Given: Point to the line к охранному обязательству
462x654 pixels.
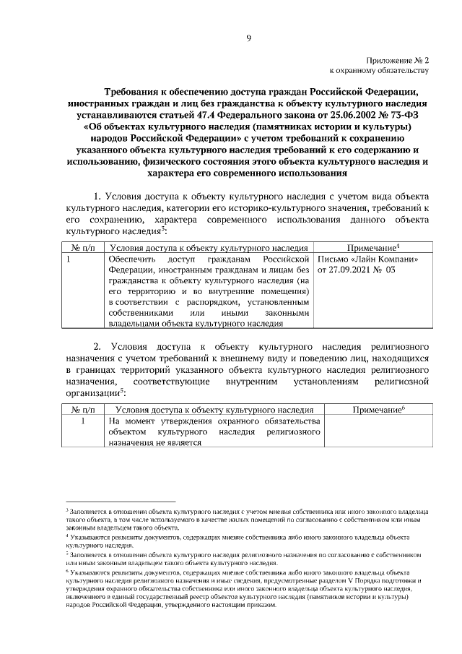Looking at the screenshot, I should [x=380, y=71].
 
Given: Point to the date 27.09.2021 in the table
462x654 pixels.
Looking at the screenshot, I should [x=349, y=269].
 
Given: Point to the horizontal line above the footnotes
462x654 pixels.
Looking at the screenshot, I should [x=121, y=500].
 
